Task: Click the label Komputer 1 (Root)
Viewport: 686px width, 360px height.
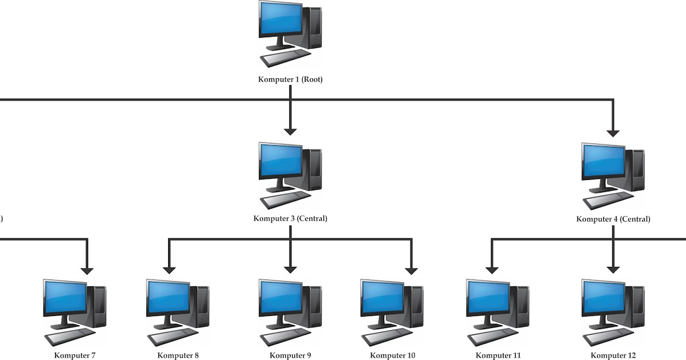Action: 290,79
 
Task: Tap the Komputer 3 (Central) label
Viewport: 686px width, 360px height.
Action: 290,218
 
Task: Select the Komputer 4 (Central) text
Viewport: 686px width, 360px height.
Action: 613,218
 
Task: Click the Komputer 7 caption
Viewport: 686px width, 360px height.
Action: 75,355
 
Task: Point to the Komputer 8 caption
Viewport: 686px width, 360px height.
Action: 178,355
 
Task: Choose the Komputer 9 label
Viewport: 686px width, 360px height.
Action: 290,355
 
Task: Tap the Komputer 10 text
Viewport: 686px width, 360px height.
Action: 392,355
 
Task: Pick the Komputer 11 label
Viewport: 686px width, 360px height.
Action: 498,355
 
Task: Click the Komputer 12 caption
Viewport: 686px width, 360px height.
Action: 613,355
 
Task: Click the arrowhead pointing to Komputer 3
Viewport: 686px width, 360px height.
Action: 290,131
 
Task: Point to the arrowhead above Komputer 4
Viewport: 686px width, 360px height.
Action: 613,132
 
